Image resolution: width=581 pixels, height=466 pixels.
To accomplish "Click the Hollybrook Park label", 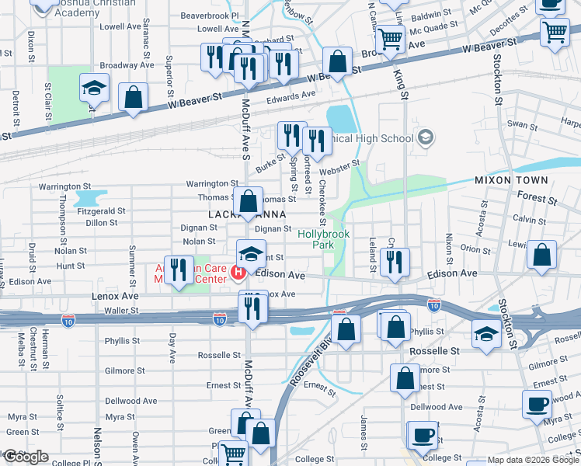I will pos(324,238).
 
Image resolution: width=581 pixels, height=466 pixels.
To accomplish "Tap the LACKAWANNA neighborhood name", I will pos(247,214).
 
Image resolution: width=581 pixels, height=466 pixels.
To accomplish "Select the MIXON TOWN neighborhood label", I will pos(512,180).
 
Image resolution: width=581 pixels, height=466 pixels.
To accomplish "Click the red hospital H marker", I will pos(238,273).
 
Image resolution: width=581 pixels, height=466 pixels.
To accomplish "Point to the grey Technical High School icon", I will pos(425,139).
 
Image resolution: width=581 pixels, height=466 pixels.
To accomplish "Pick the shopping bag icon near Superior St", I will pos(134,97).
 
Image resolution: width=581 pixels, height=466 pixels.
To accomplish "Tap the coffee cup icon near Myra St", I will pos(538,404).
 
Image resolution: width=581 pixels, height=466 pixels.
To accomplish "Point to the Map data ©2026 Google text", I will pos(533,460).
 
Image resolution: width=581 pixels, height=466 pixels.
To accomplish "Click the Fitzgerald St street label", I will pos(101,210).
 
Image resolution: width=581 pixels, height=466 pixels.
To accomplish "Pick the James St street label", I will pos(363,432).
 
